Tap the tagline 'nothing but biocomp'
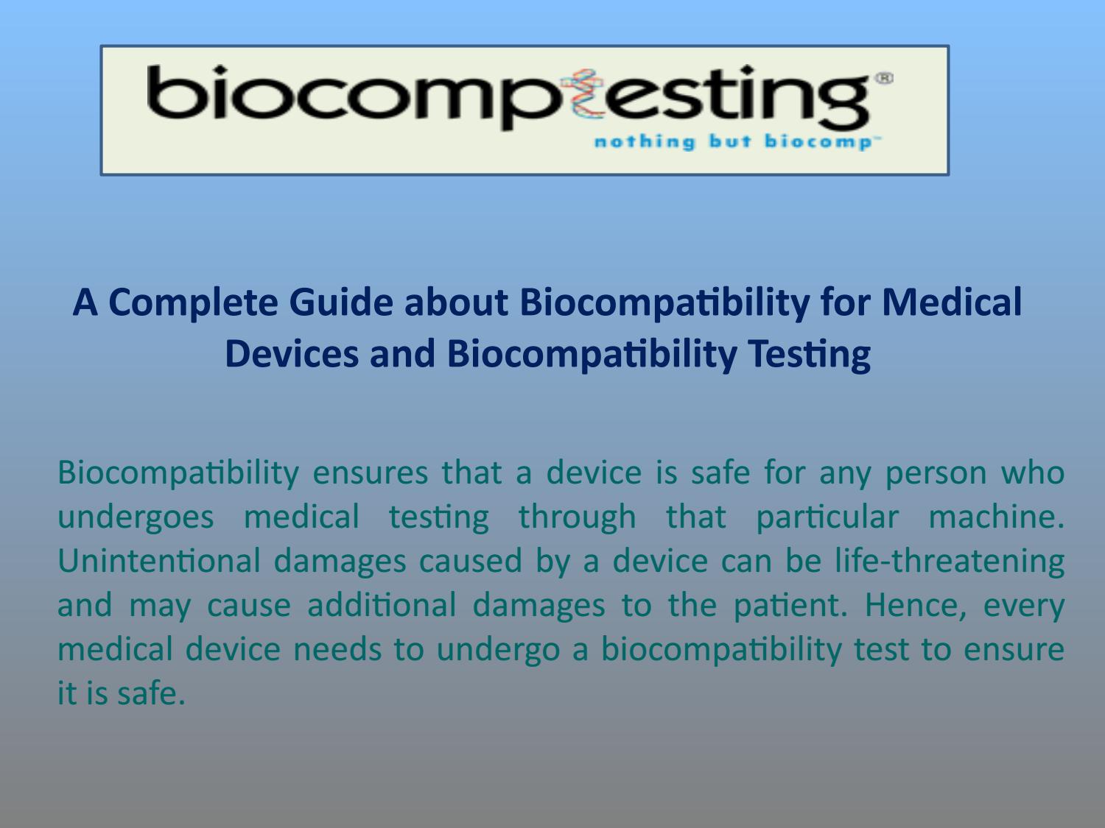[x=732, y=141]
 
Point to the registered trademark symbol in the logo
[x=884, y=78]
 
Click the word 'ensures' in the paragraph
[x=370, y=472]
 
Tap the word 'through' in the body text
[x=577, y=516]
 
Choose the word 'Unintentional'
[x=158, y=560]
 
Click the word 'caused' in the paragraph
[x=471, y=560]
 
